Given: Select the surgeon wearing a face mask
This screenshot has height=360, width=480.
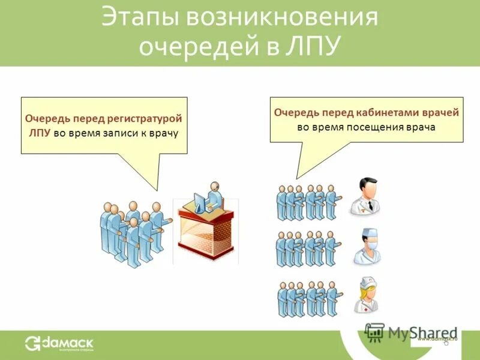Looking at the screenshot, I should [x=367, y=246].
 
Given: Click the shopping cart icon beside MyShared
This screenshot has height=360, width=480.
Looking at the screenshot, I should [x=374, y=332].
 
